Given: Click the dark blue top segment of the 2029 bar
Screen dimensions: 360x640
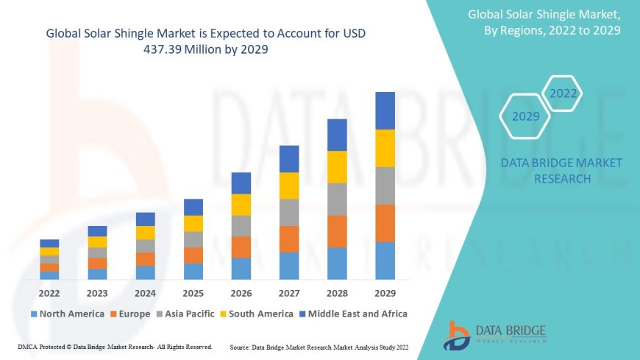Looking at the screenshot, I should [385, 110].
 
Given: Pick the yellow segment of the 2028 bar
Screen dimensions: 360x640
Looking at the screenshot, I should [337, 166].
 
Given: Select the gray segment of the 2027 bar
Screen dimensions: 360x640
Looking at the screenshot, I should [289, 212].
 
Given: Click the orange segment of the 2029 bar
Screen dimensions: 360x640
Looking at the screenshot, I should [385, 223].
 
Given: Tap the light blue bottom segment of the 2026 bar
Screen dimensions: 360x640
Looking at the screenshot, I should [241, 268].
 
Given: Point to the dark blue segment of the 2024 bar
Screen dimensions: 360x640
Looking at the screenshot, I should [145, 219].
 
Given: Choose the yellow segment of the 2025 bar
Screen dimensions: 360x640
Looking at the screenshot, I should [193, 223].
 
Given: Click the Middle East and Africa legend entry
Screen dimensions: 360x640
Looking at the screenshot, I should [355, 314].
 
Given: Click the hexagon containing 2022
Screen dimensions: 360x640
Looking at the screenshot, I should [563, 94].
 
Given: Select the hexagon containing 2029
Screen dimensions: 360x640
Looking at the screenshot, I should [525, 116].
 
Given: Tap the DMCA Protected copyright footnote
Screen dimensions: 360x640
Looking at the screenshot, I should [114, 346].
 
